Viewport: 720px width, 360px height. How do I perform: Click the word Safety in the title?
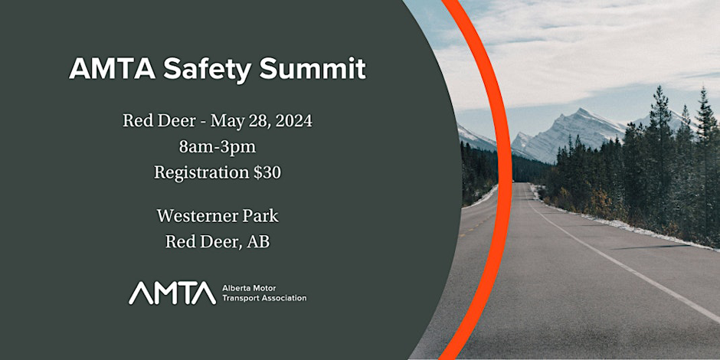pos(207,70)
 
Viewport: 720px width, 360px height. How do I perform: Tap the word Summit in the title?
pos(313,68)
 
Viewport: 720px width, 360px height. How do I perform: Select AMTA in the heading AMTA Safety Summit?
pos(112,69)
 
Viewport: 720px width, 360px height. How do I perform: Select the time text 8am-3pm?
pos(218,147)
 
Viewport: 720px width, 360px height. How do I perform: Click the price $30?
pos(267,172)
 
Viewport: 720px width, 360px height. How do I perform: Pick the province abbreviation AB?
pos(258,242)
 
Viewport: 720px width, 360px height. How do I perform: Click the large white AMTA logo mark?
pos(172,293)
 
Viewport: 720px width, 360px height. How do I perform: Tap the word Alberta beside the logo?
pos(236,288)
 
